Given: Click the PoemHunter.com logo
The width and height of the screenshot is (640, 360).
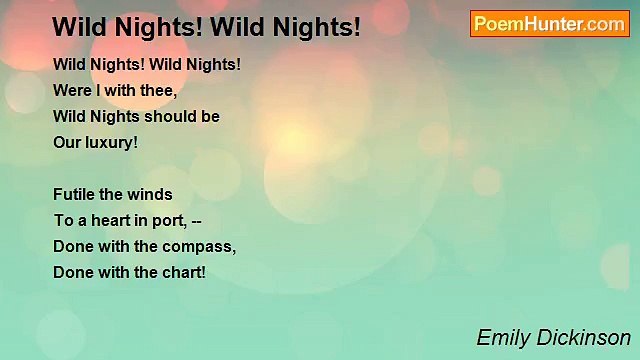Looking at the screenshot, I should coord(549,24).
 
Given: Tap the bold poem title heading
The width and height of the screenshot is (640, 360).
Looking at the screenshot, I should coord(206,26).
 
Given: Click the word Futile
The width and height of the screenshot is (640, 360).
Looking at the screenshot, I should coord(74,194).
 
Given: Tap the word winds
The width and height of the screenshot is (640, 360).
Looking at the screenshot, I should coord(151,194).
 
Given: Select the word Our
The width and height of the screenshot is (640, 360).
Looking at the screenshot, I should coord(67,142).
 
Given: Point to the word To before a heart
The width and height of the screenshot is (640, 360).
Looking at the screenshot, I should coord(62,220).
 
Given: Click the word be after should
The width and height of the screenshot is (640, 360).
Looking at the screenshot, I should coord(210,116).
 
